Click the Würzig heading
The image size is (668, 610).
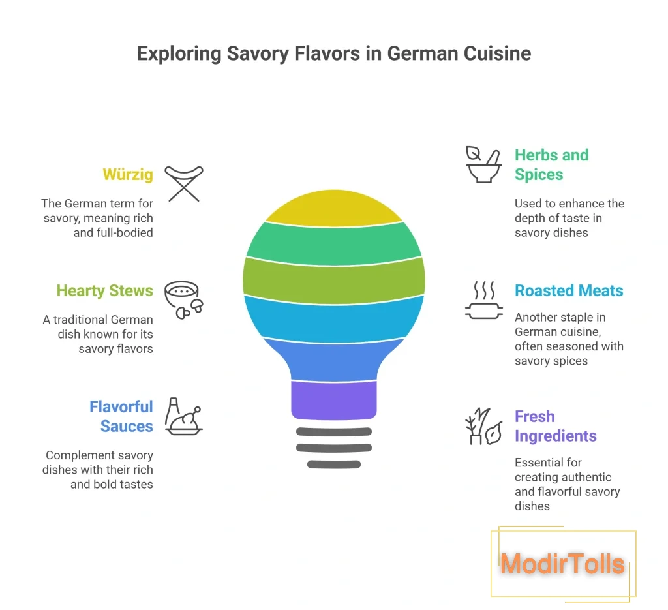[x=128, y=175]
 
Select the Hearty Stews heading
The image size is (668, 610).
[x=105, y=290]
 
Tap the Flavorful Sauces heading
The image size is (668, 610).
[x=121, y=416]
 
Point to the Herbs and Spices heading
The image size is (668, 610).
[x=552, y=165]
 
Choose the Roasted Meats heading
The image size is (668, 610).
[x=569, y=290]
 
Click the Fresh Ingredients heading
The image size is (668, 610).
[x=556, y=426]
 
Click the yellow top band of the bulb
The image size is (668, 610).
[x=334, y=209]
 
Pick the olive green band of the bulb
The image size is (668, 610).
[x=334, y=281]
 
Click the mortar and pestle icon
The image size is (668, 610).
[x=483, y=165]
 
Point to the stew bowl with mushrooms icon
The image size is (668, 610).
[x=184, y=299]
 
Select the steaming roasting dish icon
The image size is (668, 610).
[x=484, y=299]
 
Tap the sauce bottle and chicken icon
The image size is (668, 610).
[x=184, y=416]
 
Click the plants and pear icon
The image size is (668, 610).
[x=483, y=426]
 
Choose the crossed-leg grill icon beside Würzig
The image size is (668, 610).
[x=184, y=183]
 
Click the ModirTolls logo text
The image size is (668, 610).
[x=562, y=564]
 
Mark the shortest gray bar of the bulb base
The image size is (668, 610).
[x=334, y=465]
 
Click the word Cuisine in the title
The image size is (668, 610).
[x=497, y=53]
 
